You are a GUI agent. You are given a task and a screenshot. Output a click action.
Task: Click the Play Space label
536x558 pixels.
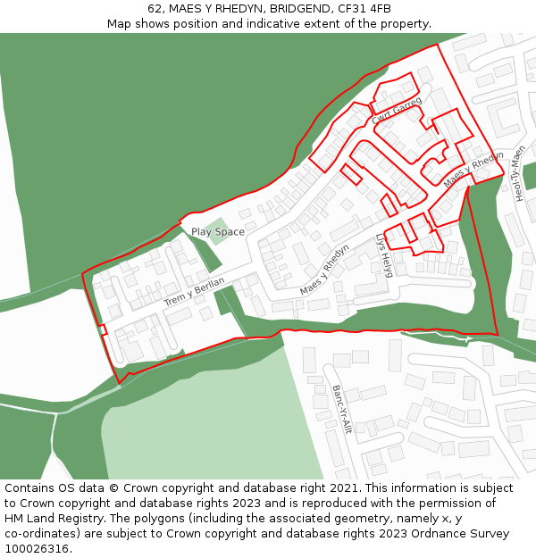[x=217, y=232]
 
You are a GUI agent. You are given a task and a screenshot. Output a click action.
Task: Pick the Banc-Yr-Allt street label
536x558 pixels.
[x=341, y=409]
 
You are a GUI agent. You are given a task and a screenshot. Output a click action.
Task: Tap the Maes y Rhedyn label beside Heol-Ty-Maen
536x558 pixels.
[x=473, y=170]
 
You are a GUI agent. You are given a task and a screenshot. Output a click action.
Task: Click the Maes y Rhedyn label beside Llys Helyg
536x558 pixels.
[x=324, y=270]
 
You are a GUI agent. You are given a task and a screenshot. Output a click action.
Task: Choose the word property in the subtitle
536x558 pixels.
[x=404, y=24]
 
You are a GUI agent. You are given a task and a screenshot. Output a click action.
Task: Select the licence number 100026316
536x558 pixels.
[x=38, y=549]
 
